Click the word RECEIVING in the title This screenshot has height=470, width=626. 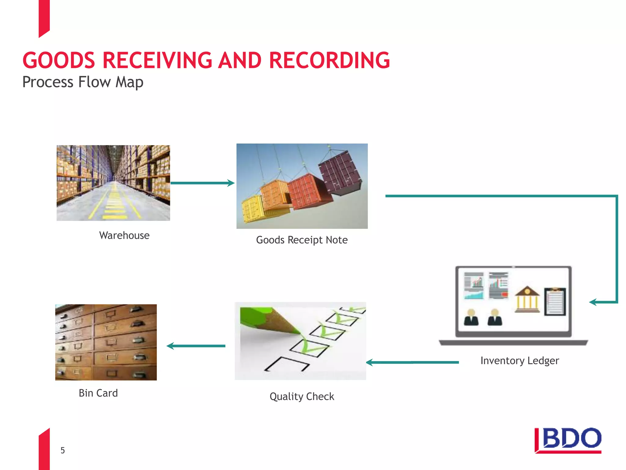[157, 60]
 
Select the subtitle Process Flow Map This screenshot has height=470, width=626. [83, 82]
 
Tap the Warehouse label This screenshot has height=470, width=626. [124, 235]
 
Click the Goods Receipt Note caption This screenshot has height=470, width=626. [302, 240]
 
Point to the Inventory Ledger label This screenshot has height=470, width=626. [520, 360]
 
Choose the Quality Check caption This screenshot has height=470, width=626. [302, 397]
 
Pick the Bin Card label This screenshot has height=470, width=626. [98, 393]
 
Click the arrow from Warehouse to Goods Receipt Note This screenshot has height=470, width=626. [202, 183]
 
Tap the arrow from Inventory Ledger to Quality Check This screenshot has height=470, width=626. [412, 363]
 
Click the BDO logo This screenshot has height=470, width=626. [568, 440]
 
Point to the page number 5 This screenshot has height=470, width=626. [63, 450]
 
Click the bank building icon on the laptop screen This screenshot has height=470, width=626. [527, 300]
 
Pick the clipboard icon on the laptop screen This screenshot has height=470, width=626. [555, 301]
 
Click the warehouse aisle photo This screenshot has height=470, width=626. [113, 183]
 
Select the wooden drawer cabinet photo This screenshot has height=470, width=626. [106, 342]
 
